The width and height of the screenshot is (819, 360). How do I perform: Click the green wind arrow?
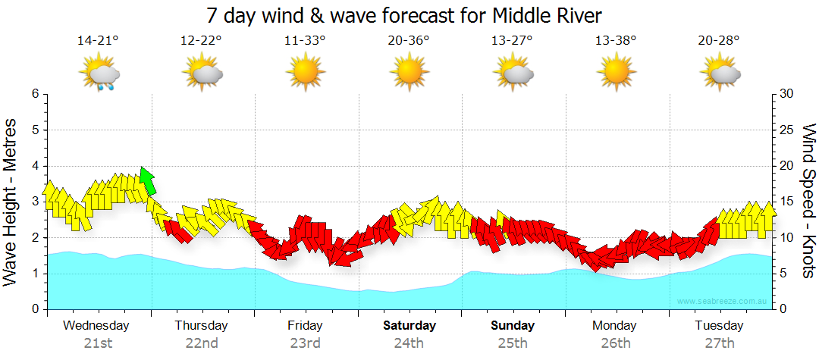pos(147,181)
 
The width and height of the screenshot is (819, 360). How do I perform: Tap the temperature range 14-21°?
pos(99,41)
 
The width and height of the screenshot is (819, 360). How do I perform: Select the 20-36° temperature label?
pos(409,41)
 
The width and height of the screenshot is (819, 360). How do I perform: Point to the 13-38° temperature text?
pos(616,41)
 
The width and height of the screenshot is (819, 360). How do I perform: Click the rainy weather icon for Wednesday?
pos(99,74)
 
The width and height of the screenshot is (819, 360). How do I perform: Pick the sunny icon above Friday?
pos(306,74)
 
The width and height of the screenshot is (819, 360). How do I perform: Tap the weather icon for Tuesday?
pos(720,74)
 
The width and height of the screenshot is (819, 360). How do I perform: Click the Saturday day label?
pos(409,326)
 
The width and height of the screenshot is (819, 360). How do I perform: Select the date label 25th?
pos(513,343)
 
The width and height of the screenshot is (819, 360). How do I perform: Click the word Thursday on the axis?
pos(201,326)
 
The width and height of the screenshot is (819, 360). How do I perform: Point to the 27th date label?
pos(720,343)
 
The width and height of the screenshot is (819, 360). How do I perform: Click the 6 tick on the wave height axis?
pos(35,94)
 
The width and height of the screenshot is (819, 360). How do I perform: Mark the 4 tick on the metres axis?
pos(35,166)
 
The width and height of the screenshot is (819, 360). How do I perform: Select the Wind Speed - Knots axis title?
pos(808,202)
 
